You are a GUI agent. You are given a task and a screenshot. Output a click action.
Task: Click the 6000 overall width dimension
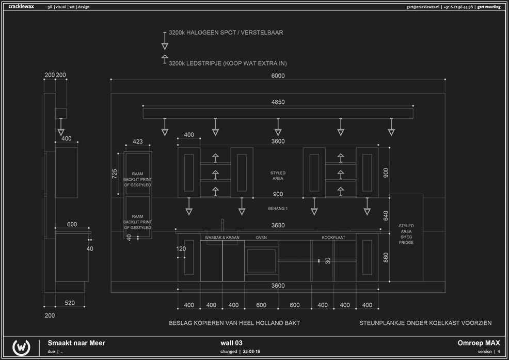pos(278,76)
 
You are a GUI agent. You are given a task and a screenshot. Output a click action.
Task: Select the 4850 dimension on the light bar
pos(278,102)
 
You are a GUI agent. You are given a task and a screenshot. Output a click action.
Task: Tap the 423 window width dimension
pos(138,142)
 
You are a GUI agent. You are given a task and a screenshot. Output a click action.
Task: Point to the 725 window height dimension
pos(115,174)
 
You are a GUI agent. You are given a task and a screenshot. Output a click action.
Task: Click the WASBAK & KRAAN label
pos(222,238)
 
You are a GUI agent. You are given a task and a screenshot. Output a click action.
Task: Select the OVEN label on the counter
pos(261,238)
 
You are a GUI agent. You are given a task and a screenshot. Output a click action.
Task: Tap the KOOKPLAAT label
pos(333,238)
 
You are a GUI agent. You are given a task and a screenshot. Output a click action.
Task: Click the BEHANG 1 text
pos(278,209)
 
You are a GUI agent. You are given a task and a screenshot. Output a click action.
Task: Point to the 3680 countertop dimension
pos(278,226)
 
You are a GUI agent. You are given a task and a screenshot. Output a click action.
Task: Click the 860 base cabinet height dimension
pos(386,257)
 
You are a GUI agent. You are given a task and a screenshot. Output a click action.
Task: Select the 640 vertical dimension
pos(386,215)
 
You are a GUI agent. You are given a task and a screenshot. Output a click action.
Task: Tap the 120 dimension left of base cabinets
pos(181,249)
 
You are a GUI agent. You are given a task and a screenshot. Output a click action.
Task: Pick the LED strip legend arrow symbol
pos(165,59)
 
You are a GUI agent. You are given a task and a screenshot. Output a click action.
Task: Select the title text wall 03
pos(231,342)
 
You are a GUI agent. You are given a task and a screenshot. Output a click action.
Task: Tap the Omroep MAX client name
pos(479,342)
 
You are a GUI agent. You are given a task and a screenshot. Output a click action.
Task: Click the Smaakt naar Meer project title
pos(76,342)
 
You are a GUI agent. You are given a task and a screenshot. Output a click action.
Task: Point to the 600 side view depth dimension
pos(72,224)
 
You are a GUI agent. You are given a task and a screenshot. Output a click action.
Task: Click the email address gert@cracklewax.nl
pos(423,7)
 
